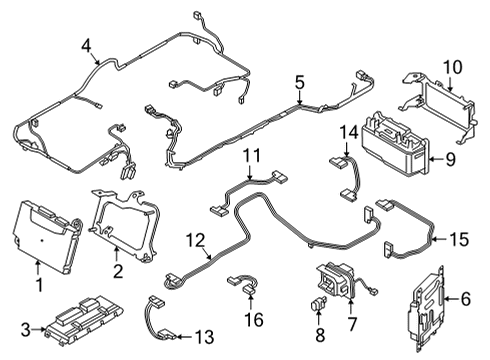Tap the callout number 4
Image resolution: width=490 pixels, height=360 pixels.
(x=86, y=44)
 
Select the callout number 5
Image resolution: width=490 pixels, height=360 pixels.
(x=298, y=82)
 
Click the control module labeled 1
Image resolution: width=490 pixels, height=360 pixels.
(x=45, y=240)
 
